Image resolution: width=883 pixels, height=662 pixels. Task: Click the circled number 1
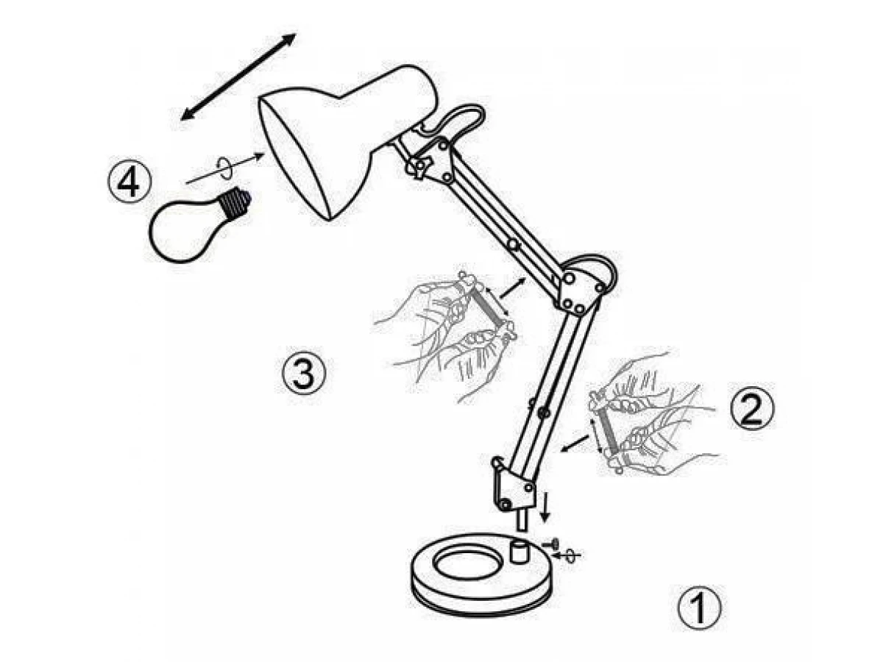tap(699, 608)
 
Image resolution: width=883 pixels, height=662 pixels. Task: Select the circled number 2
tap(751, 408)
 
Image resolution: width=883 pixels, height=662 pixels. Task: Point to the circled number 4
tap(130, 182)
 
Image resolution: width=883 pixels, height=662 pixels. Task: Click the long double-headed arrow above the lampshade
tap(238, 76)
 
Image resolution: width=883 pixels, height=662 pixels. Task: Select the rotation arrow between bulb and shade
tap(224, 169)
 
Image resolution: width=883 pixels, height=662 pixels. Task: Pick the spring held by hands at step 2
tap(609, 429)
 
